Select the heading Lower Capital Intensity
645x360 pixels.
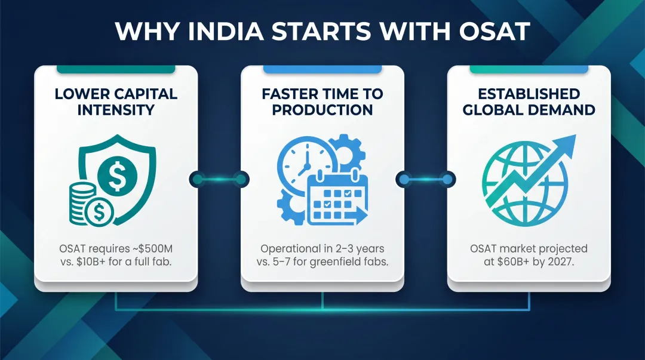click(x=115, y=101)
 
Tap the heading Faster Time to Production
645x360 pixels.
click(x=322, y=101)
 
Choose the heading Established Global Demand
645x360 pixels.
click(x=529, y=101)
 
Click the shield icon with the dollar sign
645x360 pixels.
click(x=119, y=174)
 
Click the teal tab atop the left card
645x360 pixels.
click(x=115, y=69)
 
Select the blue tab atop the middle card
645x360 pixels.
click(x=322, y=69)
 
